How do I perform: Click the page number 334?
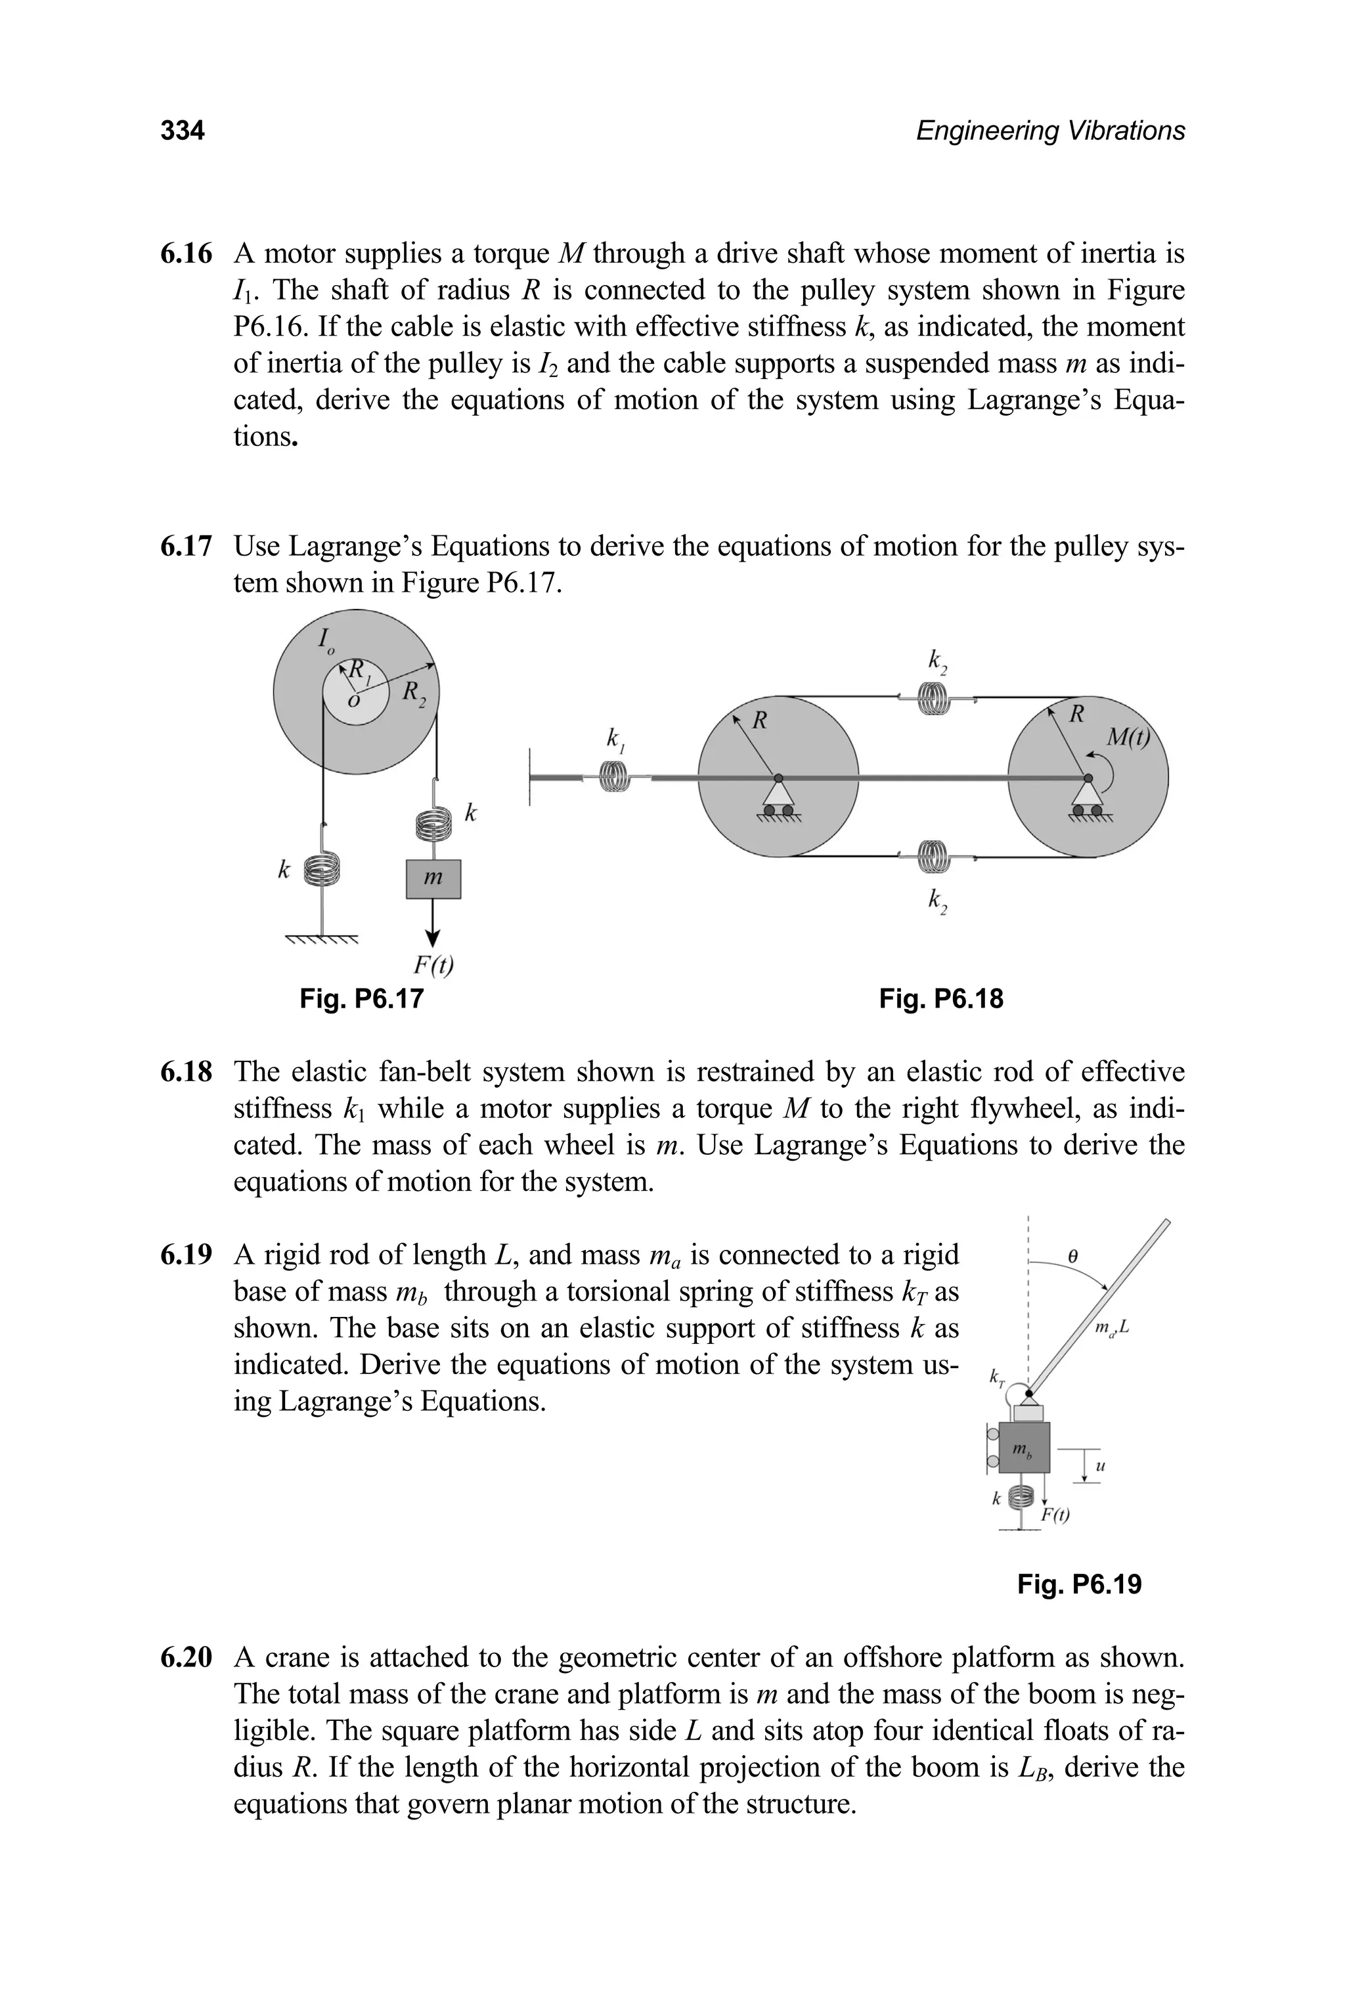(x=182, y=131)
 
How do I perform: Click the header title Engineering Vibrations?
(x=1050, y=131)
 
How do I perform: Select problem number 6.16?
(x=186, y=254)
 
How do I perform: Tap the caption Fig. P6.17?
(x=361, y=998)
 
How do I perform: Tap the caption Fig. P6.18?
(x=941, y=998)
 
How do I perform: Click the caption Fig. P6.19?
(x=1079, y=1584)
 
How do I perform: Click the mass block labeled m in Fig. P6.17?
(x=433, y=878)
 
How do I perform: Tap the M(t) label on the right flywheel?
(x=1127, y=737)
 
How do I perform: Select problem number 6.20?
(x=186, y=1657)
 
